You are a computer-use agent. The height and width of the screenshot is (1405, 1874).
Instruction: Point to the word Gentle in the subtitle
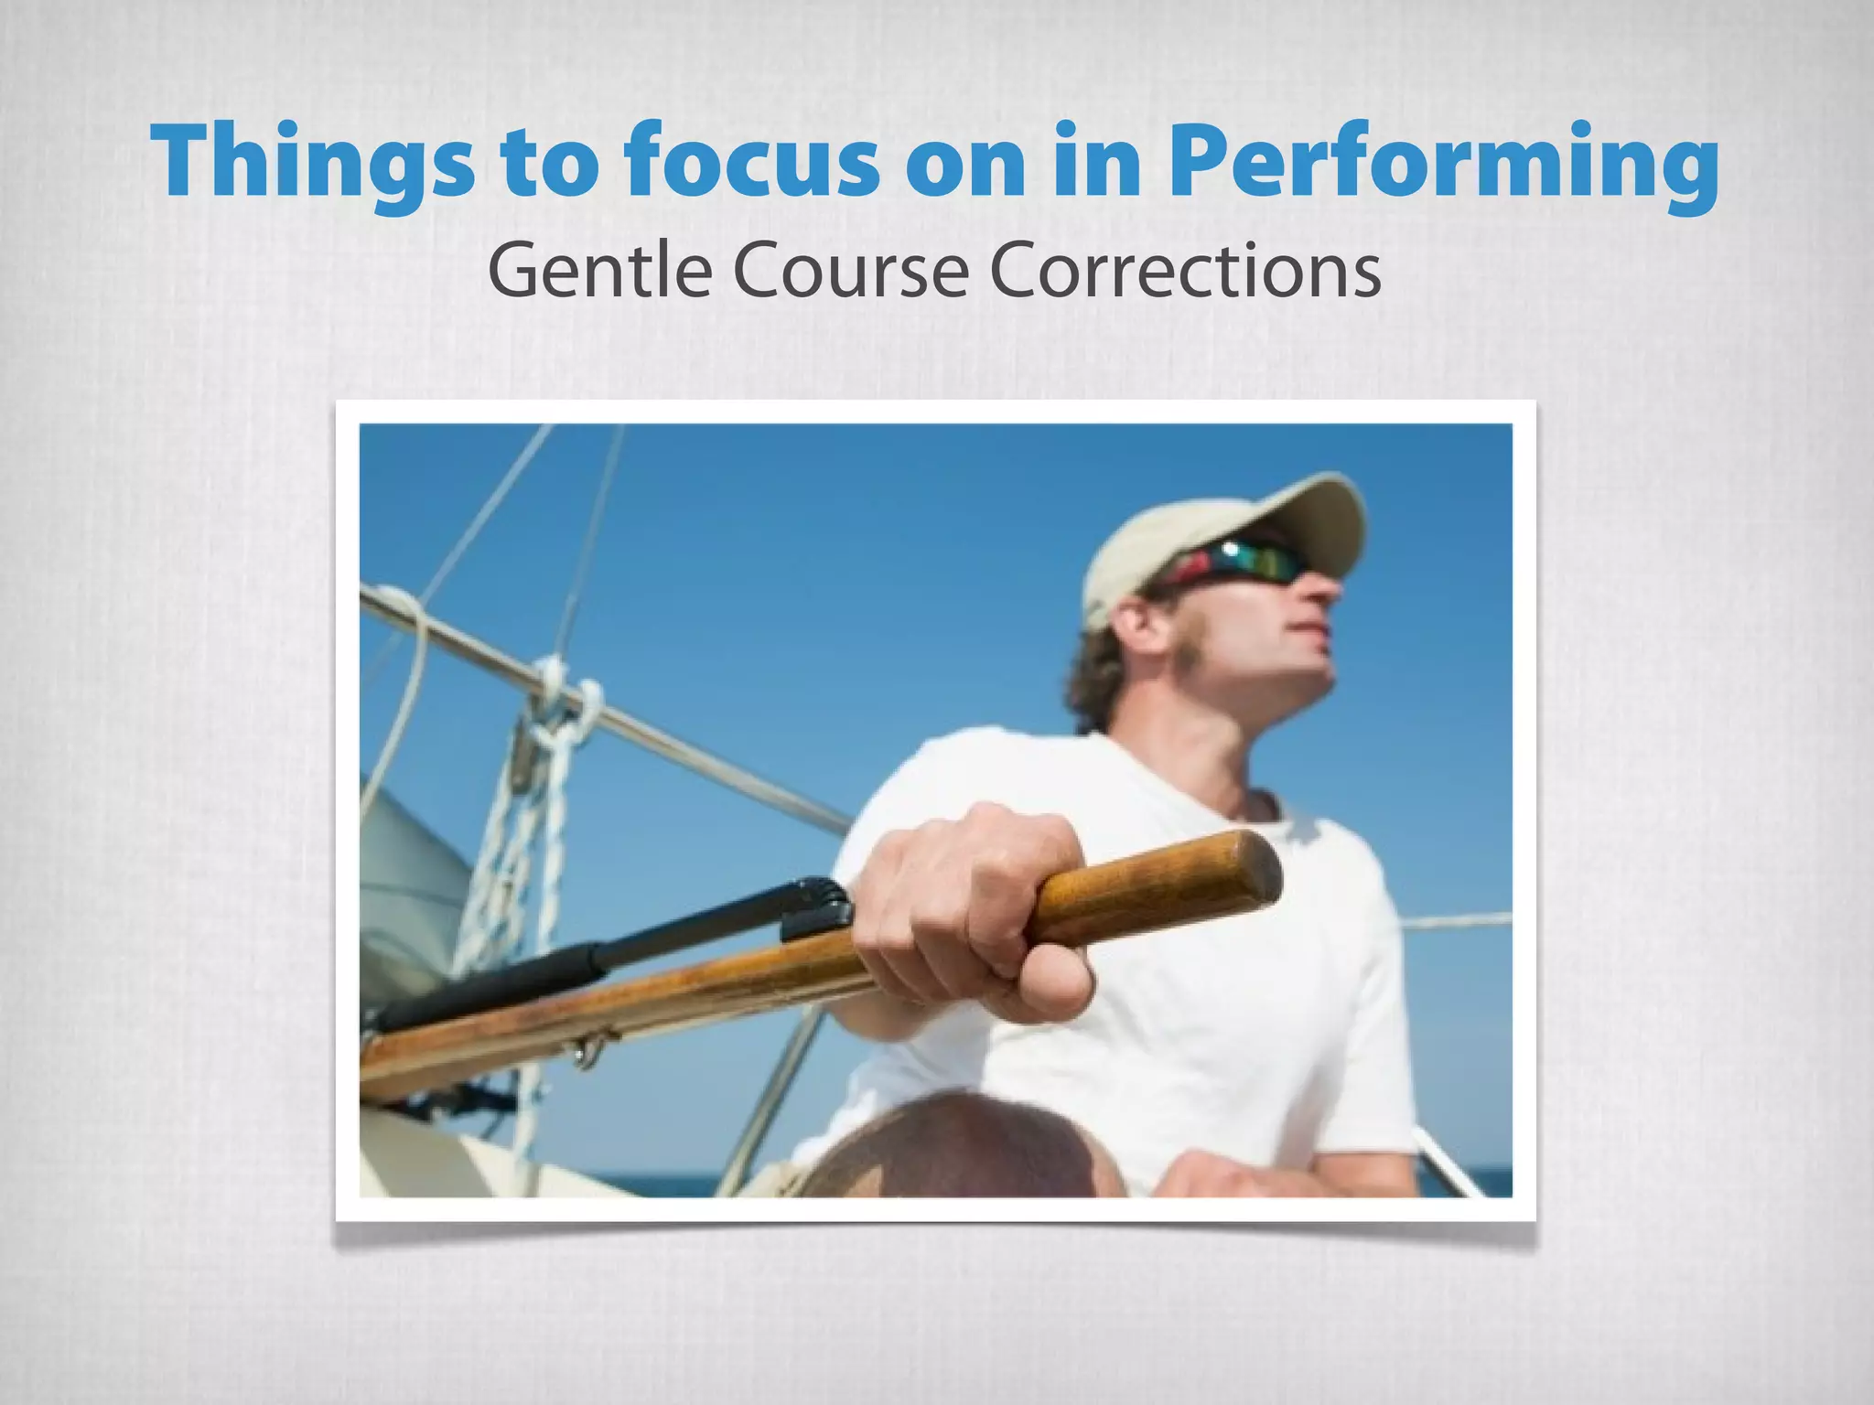599,272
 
